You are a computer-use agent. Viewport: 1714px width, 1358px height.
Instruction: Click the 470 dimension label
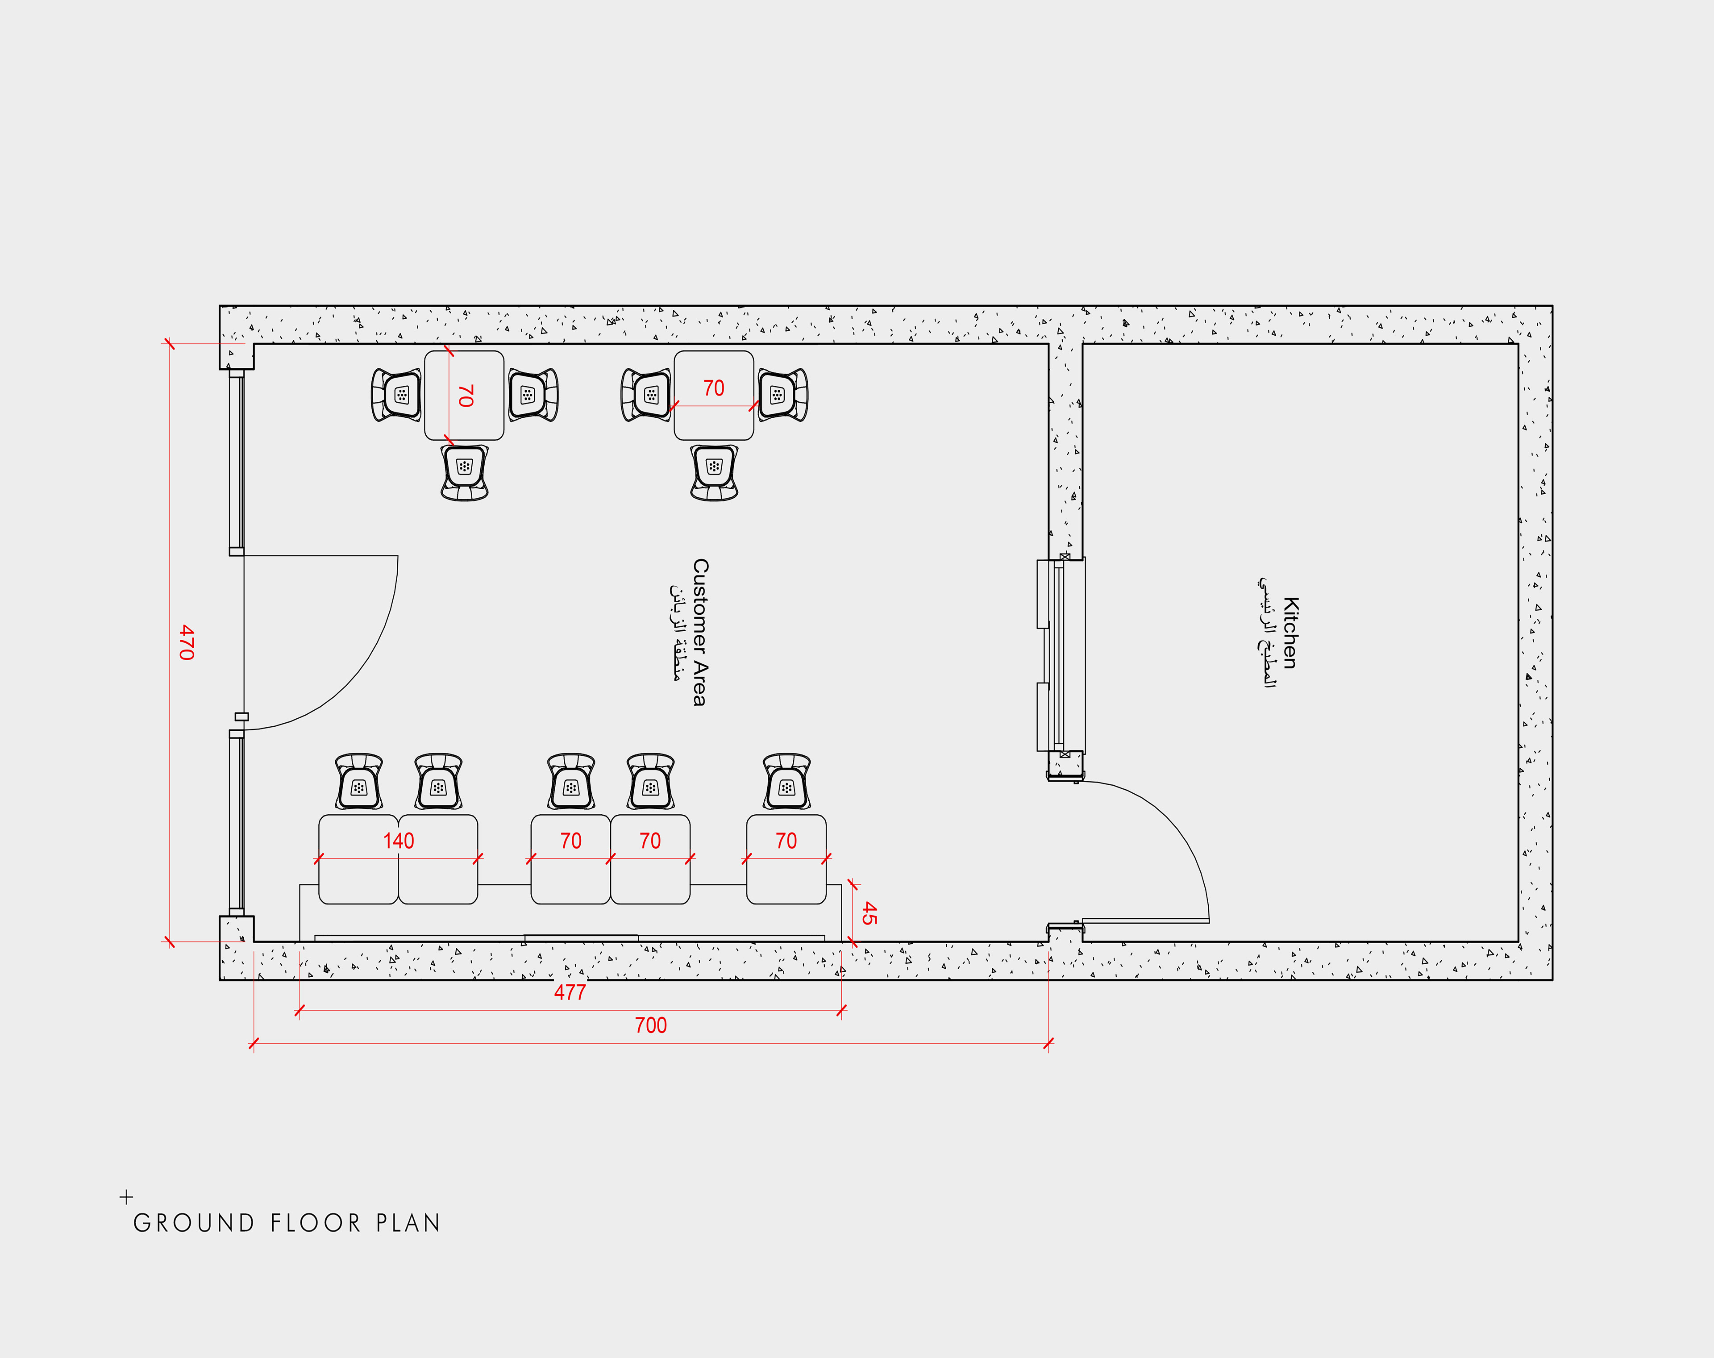click(x=186, y=642)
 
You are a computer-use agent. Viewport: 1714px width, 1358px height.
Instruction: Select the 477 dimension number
click(x=570, y=992)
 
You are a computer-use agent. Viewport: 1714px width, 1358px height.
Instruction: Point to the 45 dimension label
click(x=869, y=913)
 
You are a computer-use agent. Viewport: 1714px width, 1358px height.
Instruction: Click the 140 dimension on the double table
click(x=398, y=841)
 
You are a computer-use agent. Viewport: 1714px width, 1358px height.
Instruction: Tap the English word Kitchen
click(x=1290, y=633)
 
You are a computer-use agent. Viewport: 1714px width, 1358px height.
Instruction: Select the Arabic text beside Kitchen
click(x=1267, y=633)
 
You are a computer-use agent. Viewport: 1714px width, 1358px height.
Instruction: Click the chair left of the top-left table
click(x=396, y=394)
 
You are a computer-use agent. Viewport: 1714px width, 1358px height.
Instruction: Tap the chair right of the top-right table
click(x=783, y=394)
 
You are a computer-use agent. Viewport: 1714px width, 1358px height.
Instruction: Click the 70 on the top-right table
click(x=714, y=388)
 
